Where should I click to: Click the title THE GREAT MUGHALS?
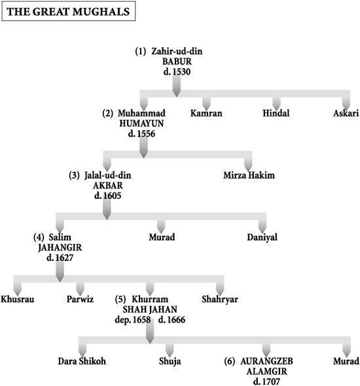point(68,12)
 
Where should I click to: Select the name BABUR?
point(177,61)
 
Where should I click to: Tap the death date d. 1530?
point(177,71)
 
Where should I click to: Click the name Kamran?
point(206,113)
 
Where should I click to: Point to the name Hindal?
point(276,113)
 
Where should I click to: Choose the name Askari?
point(346,113)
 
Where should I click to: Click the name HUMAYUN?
point(141,124)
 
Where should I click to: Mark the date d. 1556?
point(141,133)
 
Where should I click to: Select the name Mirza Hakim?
point(249,175)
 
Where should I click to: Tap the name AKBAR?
point(108,185)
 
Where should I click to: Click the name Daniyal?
point(262,237)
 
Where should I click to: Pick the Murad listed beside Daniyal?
point(162,237)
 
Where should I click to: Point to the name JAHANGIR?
point(60,247)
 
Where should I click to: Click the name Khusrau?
point(18,299)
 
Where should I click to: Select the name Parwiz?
point(80,299)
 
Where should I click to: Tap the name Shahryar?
point(220,300)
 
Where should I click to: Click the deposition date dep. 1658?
point(133,320)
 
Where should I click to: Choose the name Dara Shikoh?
point(82,361)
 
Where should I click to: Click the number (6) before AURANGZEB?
point(230,361)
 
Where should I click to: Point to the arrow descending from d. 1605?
point(107,209)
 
